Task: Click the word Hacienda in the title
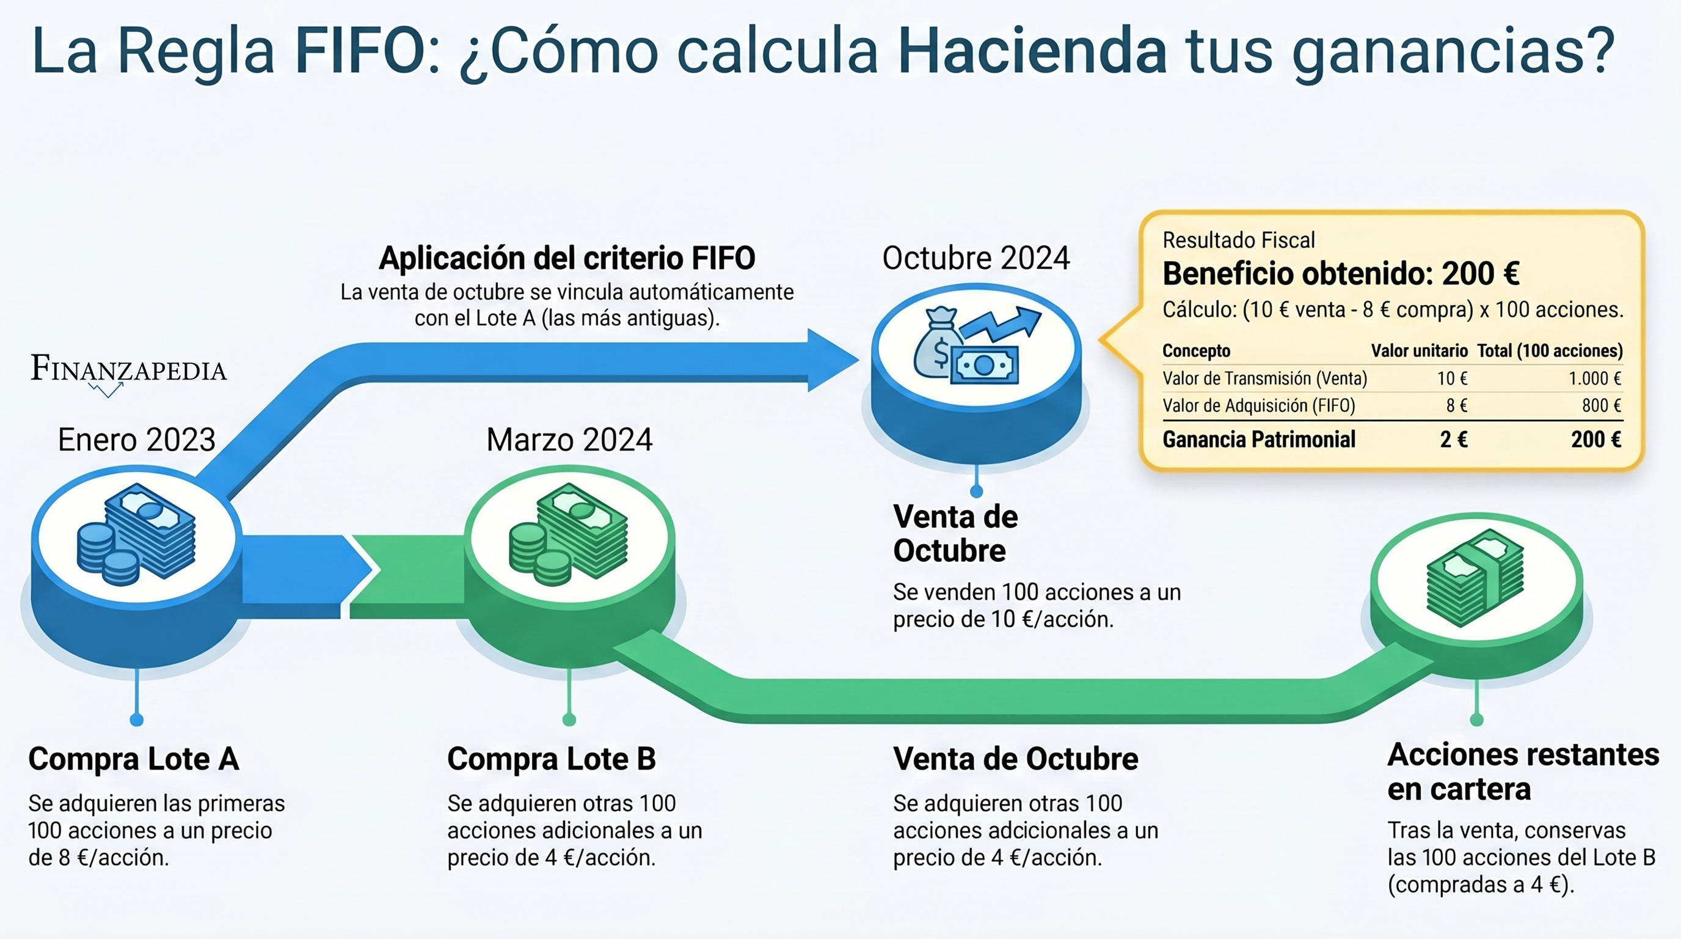click(x=1032, y=51)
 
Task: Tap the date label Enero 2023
click(x=136, y=440)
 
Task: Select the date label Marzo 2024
click(x=569, y=440)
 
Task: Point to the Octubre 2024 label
click(x=976, y=258)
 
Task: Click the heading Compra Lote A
click(x=134, y=759)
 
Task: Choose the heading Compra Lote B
click(x=552, y=759)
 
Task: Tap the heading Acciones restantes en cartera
click(x=1523, y=772)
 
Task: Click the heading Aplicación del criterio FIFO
click(x=567, y=258)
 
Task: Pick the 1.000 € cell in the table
click(x=1595, y=378)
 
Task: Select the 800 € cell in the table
click(x=1602, y=405)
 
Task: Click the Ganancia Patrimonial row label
click(x=1259, y=440)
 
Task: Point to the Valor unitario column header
click(x=1420, y=351)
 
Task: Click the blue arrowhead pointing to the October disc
click(x=833, y=361)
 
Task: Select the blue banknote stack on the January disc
click(x=151, y=530)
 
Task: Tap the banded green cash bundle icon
click(x=1475, y=577)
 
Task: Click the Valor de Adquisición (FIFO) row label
click(x=1259, y=405)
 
